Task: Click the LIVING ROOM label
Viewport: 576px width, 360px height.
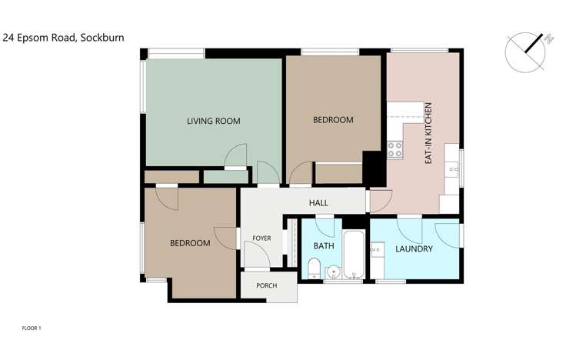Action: click(214, 121)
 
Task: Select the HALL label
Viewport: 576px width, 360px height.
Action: click(318, 203)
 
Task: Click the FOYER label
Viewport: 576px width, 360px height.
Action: click(261, 238)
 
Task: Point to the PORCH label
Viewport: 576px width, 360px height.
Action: click(266, 286)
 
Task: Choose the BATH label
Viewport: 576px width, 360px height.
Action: click(324, 246)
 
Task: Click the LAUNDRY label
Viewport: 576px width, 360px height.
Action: click(414, 249)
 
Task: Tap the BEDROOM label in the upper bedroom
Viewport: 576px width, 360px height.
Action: click(333, 120)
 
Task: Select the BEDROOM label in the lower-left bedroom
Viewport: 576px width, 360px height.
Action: click(190, 243)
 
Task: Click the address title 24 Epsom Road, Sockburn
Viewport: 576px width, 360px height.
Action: click(64, 36)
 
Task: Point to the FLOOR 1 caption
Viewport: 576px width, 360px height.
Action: click(32, 328)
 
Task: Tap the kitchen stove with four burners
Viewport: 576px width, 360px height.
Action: click(395, 149)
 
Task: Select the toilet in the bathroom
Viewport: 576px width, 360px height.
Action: click(313, 268)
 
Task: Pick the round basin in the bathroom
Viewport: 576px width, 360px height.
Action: click(332, 271)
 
